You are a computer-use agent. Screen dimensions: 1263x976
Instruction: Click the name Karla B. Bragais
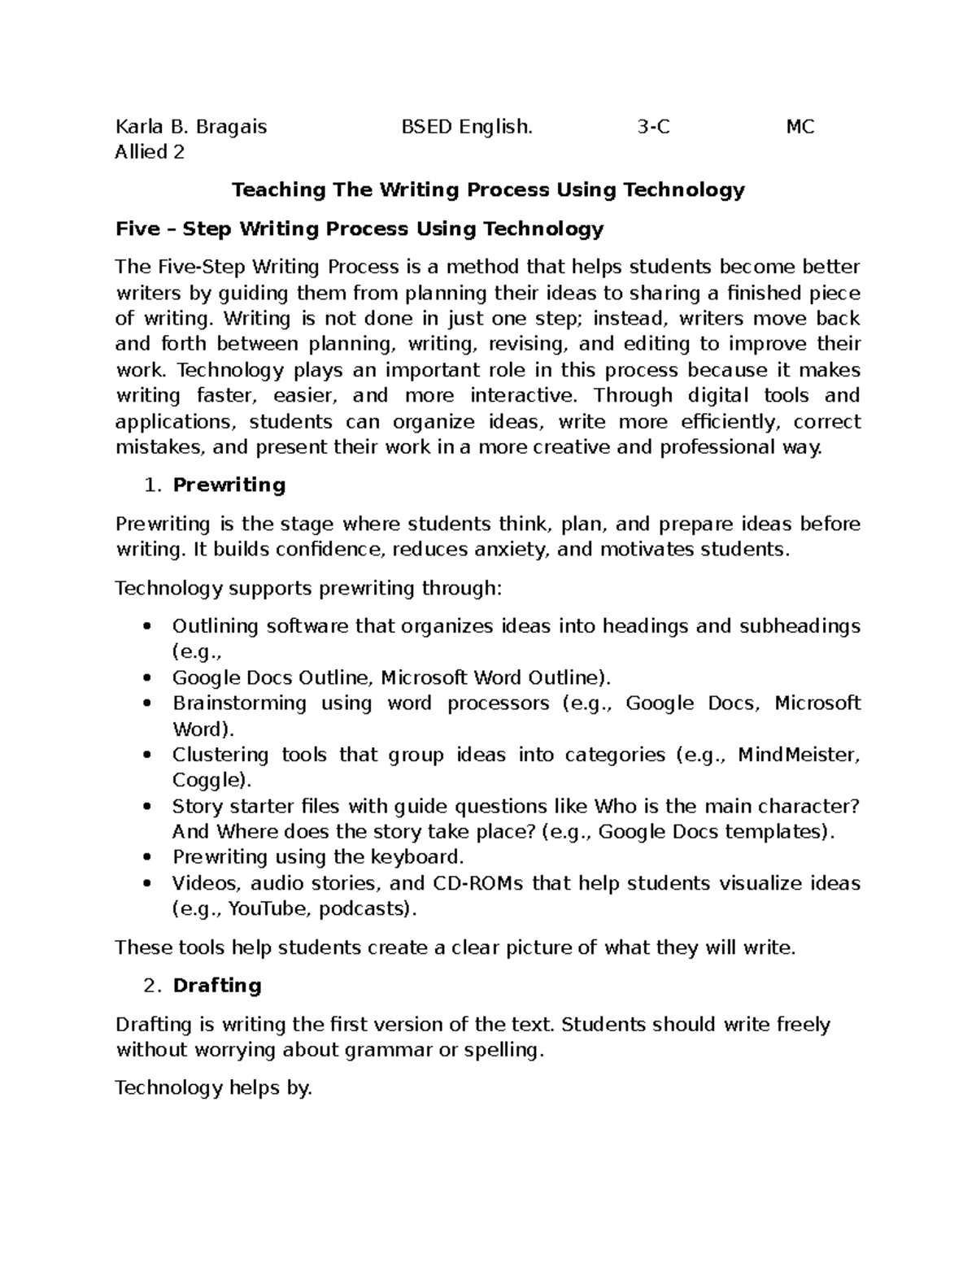tap(191, 127)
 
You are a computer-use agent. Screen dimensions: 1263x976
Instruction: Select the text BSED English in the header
tap(467, 127)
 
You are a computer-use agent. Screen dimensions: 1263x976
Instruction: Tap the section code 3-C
tap(654, 127)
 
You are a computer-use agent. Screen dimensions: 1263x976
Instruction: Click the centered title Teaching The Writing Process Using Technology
tap(488, 190)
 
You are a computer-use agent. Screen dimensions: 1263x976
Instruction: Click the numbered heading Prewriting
tap(229, 486)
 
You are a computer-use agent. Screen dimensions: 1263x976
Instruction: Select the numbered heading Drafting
tap(216, 986)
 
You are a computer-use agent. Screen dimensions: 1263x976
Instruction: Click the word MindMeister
tap(797, 755)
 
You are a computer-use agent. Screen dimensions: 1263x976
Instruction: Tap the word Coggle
tap(208, 781)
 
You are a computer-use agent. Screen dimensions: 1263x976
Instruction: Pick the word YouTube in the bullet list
tap(268, 909)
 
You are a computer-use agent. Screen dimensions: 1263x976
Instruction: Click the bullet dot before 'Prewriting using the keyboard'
tap(147, 858)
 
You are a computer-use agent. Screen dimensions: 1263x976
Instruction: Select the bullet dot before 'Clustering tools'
tap(147, 755)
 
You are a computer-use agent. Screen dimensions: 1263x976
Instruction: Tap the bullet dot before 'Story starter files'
tap(147, 807)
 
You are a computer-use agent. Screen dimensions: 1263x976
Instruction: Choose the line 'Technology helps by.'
tap(214, 1088)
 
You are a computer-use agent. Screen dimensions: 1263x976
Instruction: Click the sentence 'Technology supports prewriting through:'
tap(309, 588)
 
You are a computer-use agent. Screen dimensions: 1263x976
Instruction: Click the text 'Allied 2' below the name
tap(150, 152)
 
